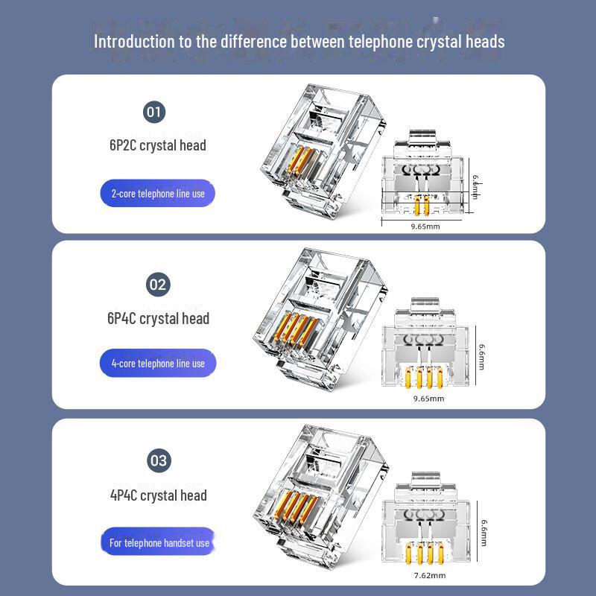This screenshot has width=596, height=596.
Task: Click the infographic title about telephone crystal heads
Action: click(x=299, y=42)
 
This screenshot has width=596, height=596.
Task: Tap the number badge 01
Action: click(x=154, y=112)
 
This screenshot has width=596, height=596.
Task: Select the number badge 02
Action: click(x=158, y=285)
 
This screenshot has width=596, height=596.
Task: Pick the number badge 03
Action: click(x=159, y=460)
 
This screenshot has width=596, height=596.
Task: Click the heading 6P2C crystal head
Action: click(x=158, y=145)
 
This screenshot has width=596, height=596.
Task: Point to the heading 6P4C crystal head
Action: click(x=158, y=319)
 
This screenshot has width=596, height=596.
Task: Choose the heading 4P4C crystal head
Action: click(x=159, y=495)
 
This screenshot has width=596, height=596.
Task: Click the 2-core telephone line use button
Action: click(x=158, y=194)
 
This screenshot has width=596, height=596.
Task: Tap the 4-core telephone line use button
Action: click(x=158, y=364)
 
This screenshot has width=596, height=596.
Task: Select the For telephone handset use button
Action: click(x=159, y=542)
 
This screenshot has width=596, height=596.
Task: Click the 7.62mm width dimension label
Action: click(x=430, y=575)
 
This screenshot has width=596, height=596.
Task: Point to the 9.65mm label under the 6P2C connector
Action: click(x=425, y=226)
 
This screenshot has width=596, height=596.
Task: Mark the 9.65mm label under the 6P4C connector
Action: click(x=429, y=399)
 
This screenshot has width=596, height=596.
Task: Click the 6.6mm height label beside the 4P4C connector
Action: click(x=484, y=533)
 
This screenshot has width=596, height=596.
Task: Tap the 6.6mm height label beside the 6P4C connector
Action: click(x=481, y=357)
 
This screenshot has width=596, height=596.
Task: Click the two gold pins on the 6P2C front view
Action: click(x=422, y=206)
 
